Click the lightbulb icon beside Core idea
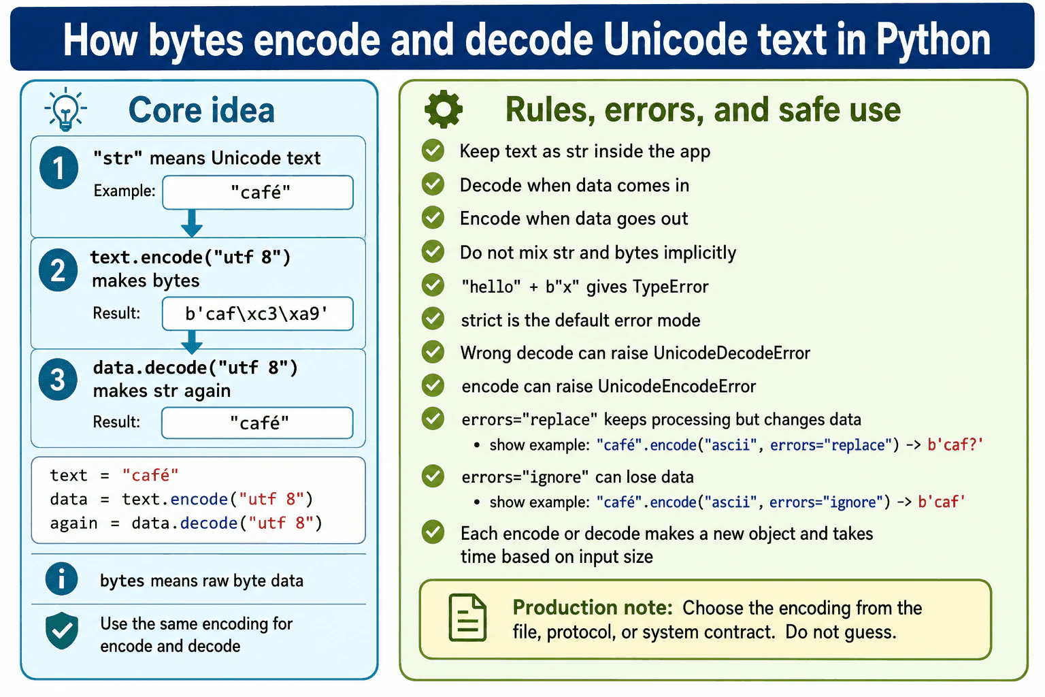pyautogui.click(x=66, y=109)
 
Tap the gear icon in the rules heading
pyautogui.click(x=443, y=109)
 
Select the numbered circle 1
pyautogui.click(x=59, y=167)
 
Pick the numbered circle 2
pyautogui.click(x=59, y=270)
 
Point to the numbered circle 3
pyautogui.click(x=59, y=379)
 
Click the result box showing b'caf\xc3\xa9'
pyautogui.click(x=258, y=314)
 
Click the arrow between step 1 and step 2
pyautogui.click(x=192, y=223)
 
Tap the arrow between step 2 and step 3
pyautogui.click(x=192, y=342)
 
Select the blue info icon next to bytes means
pyautogui.click(x=61, y=579)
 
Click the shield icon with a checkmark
pyautogui.click(x=62, y=630)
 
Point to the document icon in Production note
pyautogui.click(x=467, y=617)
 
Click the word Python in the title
pyautogui.click(x=933, y=40)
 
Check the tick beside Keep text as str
pyautogui.click(x=433, y=150)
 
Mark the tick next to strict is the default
pyautogui.click(x=433, y=319)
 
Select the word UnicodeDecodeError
pyautogui.click(x=732, y=353)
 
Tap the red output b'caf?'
pyautogui.click(x=955, y=444)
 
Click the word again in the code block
pyautogui.click(x=73, y=524)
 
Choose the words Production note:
pyautogui.click(x=593, y=607)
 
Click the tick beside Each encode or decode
pyautogui.click(x=433, y=532)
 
